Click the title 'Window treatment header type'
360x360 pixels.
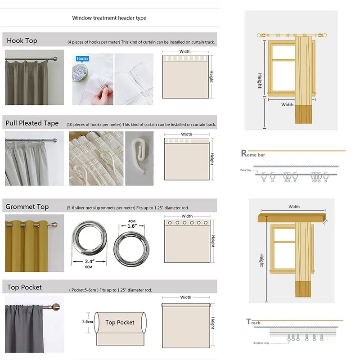(x=109, y=18)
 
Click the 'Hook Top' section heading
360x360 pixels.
(x=22, y=41)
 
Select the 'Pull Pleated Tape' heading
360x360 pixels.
(x=32, y=123)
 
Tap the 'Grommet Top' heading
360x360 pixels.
(x=27, y=207)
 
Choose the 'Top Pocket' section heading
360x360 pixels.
(x=24, y=288)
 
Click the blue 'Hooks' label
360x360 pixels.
(x=82, y=59)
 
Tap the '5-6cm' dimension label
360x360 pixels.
(x=88, y=322)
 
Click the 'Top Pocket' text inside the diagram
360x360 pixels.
(x=120, y=323)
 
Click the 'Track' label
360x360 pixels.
(x=254, y=322)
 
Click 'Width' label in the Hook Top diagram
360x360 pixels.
(x=185, y=52)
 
